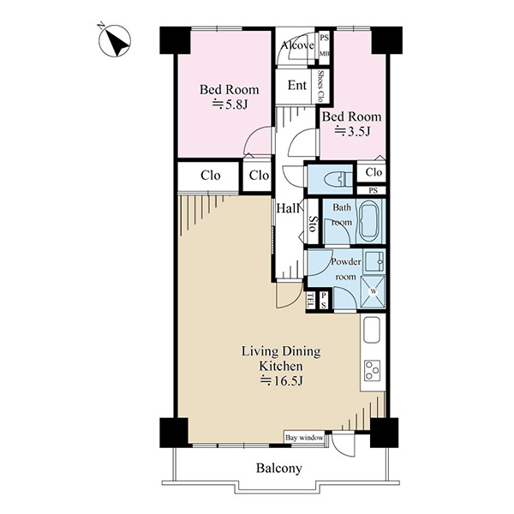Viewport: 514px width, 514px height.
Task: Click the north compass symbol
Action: click(x=115, y=40)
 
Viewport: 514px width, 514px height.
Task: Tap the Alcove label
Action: click(x=297, y=45)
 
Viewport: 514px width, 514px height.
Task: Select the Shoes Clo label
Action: click(x=320, y=87)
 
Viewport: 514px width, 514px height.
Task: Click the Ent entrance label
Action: click(x=297, y=85)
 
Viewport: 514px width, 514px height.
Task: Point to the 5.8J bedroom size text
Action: click(x=230, y=105)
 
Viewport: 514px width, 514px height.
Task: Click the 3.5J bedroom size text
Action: click(x=352, y=131)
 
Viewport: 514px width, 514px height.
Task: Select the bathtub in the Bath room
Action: click(x=370, y=221)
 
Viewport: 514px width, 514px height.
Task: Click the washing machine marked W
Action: click(x=373, y=291)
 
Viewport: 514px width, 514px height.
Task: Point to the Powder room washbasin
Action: click(x=374, y=261)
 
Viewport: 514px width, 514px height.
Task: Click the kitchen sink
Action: click(x=371, y=330)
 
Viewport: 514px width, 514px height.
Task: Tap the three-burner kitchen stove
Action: click(x=373, y=370)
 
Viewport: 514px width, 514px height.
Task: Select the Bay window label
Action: click(x=304, y=438)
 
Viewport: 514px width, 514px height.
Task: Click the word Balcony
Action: click(x=279, y=469)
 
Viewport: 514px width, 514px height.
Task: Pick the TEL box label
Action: click(x=310, y=301)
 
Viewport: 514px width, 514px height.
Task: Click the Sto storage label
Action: click(x=313, y=224)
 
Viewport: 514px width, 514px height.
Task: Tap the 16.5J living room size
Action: click(x=281, y=381)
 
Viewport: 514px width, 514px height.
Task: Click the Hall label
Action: click(x=288, y=208)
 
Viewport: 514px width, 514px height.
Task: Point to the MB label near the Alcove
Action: click(x=324, y=53)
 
